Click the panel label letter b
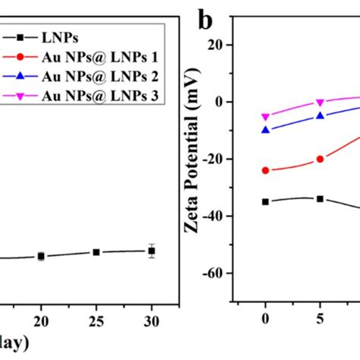pos(204,17)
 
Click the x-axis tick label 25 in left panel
pos(96,319)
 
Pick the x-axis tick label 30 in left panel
pos(152,319)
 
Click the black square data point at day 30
pos(152,251)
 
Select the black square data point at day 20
pos(41,257)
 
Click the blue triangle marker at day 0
pos(265,130)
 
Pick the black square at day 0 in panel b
pos(265,201)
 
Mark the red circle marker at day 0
pos(265,170)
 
